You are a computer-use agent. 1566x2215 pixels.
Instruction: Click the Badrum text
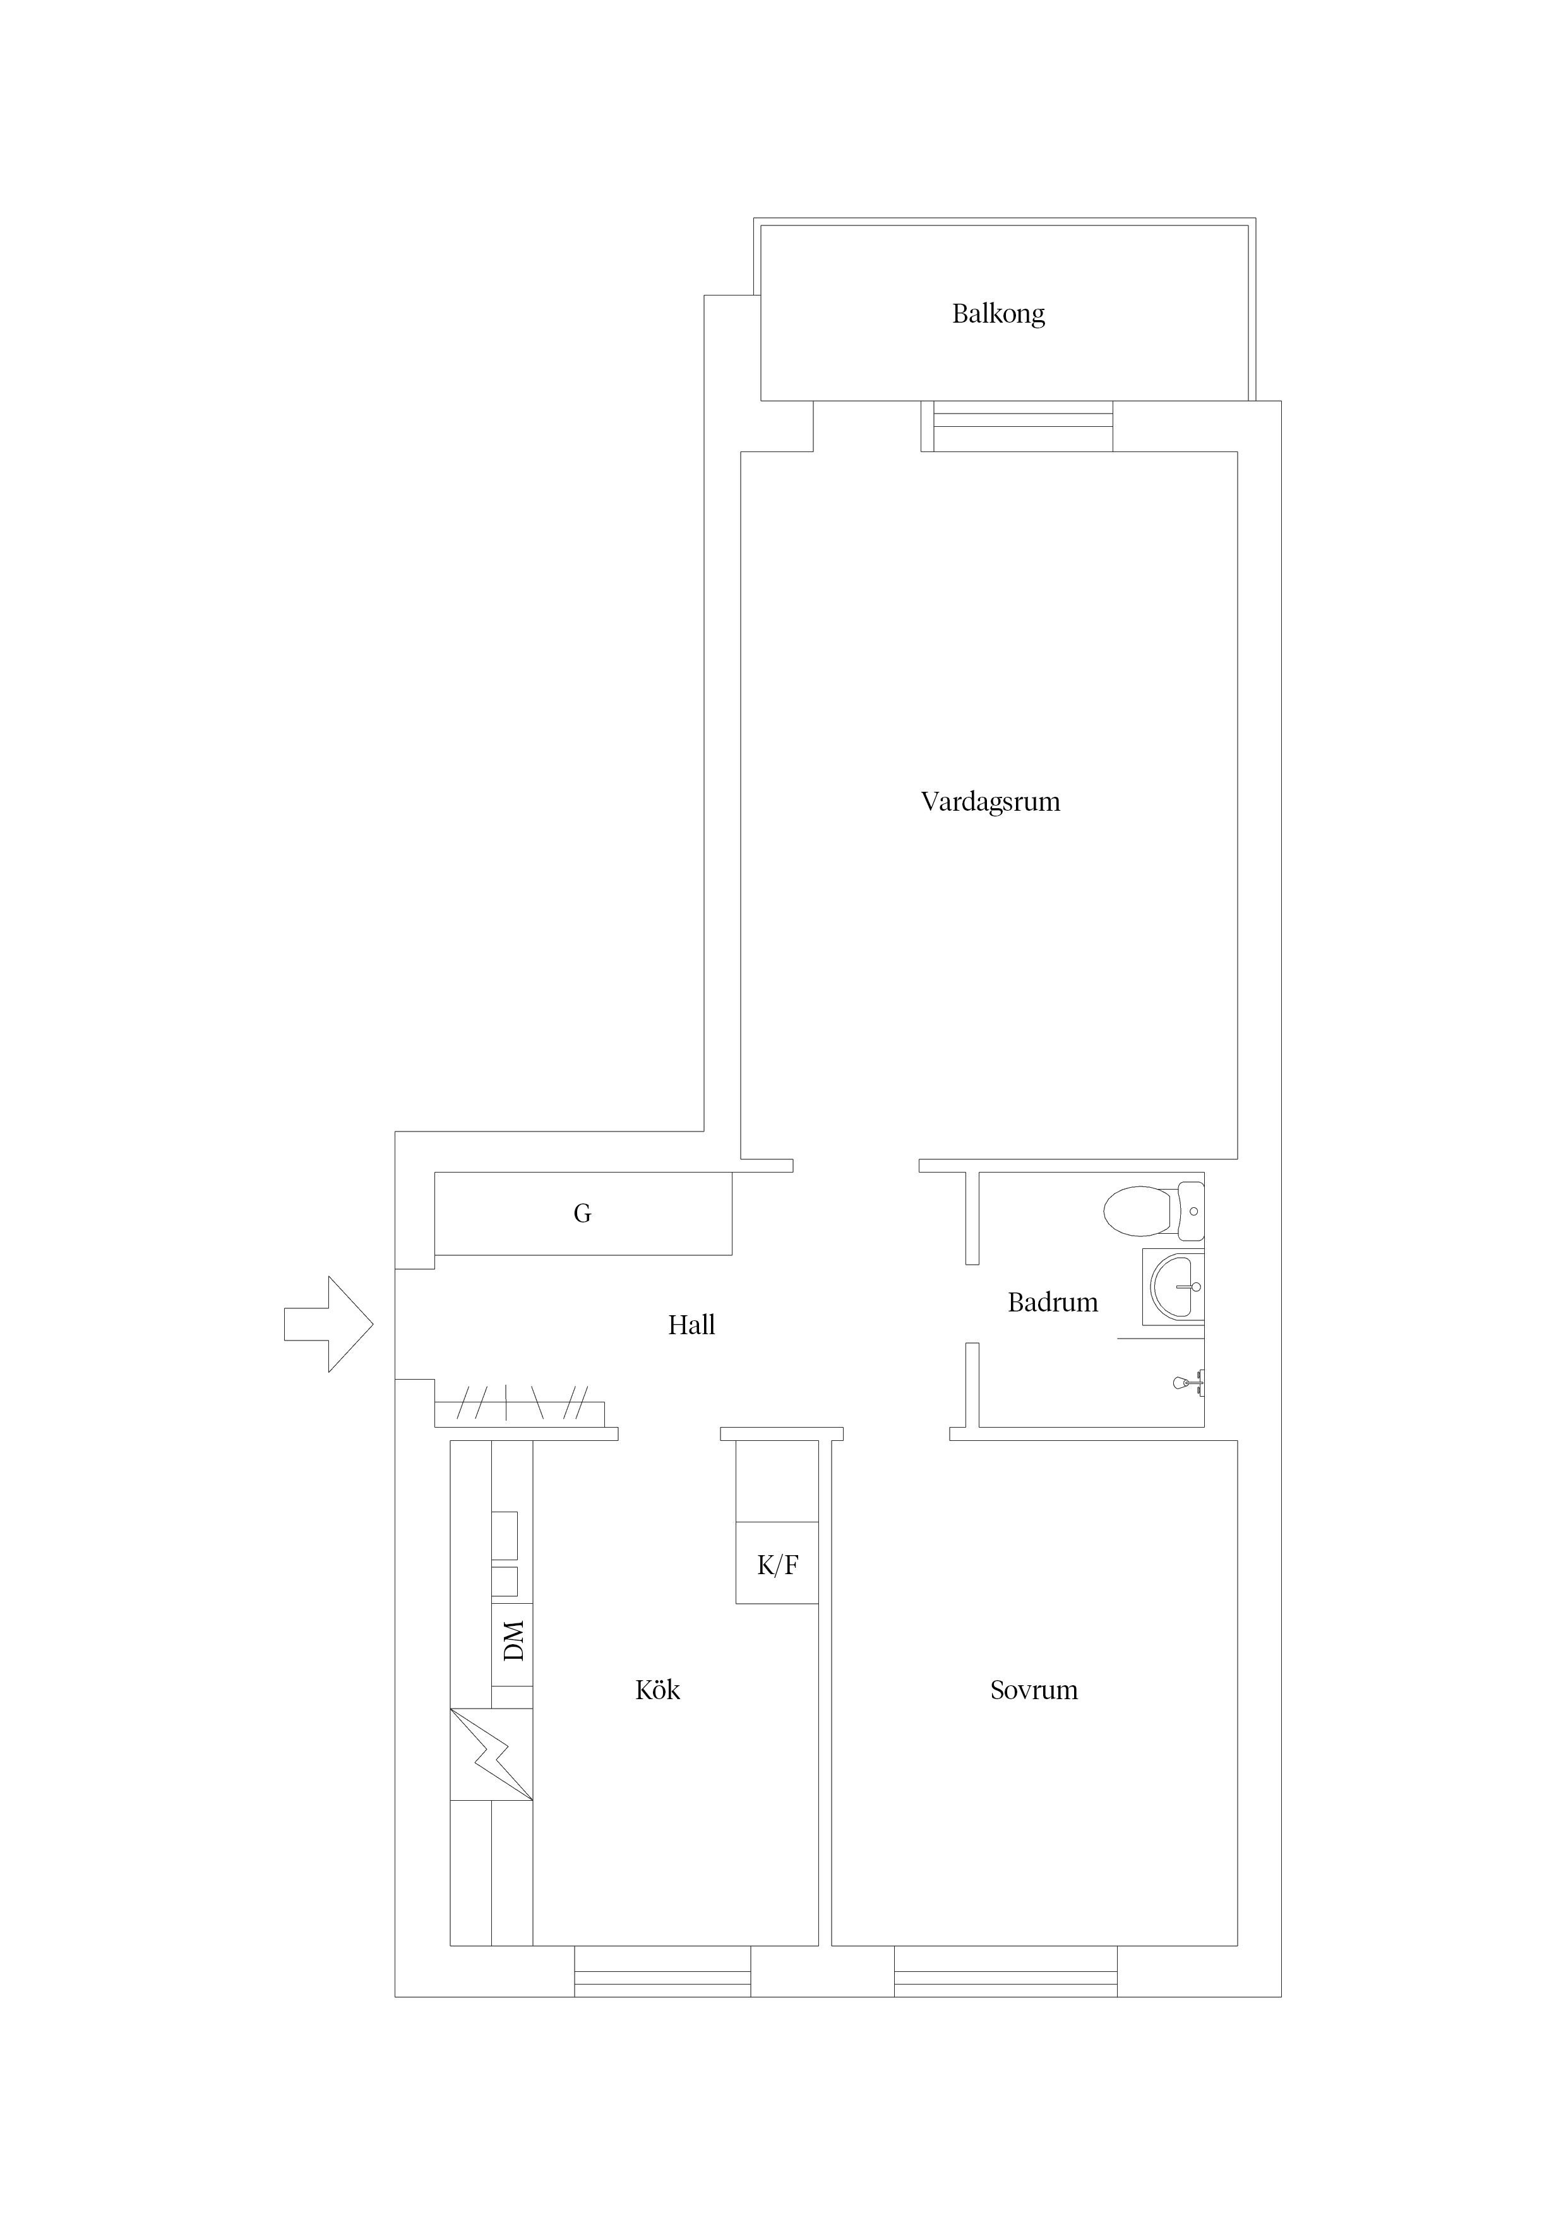coord(1052,1303)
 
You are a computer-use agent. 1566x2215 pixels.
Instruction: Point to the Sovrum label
coord(1034,1690)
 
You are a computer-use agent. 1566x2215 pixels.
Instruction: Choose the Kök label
coord(657,1690)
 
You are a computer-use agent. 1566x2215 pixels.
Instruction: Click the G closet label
coord(582,1214)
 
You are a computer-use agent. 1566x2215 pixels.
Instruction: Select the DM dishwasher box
coord(512,1640)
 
